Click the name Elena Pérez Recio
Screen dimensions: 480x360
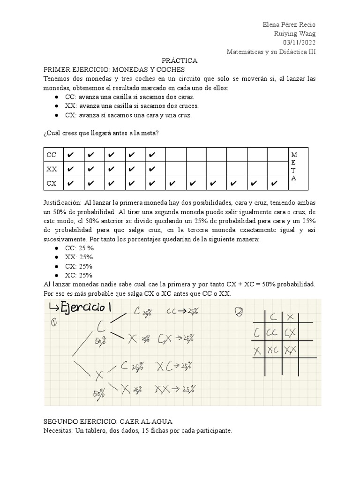point(289,25)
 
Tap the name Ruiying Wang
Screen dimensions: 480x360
point(295,34)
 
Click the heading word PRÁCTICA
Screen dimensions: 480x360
point(180,61)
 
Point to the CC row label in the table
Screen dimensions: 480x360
point(51,155)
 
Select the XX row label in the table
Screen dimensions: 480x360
point(51,169)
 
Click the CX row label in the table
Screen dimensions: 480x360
point(51,183)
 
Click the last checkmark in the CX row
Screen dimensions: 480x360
point(274,183)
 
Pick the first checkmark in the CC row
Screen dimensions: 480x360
point(70,155)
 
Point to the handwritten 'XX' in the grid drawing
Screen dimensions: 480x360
point(291,349)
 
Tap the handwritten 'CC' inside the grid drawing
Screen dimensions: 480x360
point(272,333)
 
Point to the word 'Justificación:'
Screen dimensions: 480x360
point(62,202)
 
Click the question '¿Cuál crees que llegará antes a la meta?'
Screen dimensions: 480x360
point(101,133)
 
